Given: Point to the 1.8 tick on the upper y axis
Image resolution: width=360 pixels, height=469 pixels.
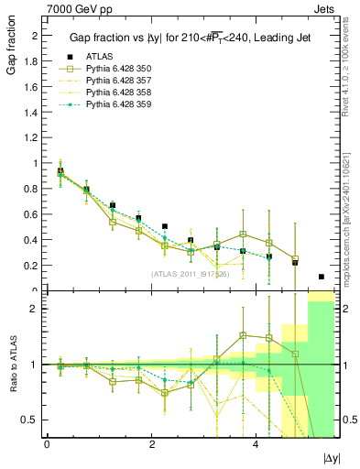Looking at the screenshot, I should (x=32, y=60).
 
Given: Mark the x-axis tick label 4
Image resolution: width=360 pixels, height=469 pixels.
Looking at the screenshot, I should (x=255, y=444).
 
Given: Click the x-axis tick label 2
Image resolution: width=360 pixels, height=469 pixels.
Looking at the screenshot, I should (x=150, y=444).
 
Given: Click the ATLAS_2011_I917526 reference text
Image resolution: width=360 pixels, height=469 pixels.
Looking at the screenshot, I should (x=190, y=273).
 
